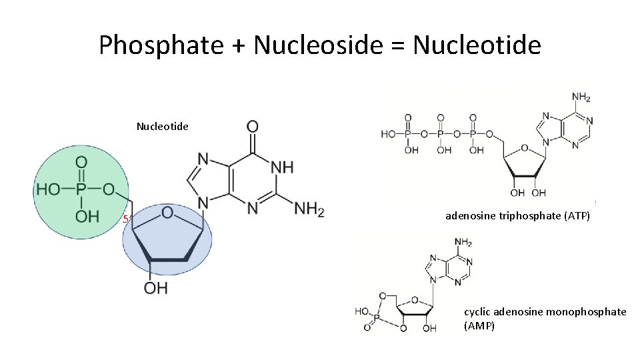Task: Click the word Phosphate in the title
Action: point(161,45)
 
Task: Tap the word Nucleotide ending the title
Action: point(477,45)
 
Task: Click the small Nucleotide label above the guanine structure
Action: point(163,126)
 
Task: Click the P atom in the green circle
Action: point(81,189)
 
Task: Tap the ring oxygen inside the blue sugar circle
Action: point(167,213)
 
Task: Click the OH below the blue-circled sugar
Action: point(155,288)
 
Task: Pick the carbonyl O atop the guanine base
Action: point(253,126)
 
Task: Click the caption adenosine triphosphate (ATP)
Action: point(517,216)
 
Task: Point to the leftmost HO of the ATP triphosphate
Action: point(387,134)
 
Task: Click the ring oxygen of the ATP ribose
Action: point(525,148)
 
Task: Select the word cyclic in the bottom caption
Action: point(477,312)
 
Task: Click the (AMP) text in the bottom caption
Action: point(479,326)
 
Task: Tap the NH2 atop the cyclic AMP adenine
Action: point(463,241)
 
